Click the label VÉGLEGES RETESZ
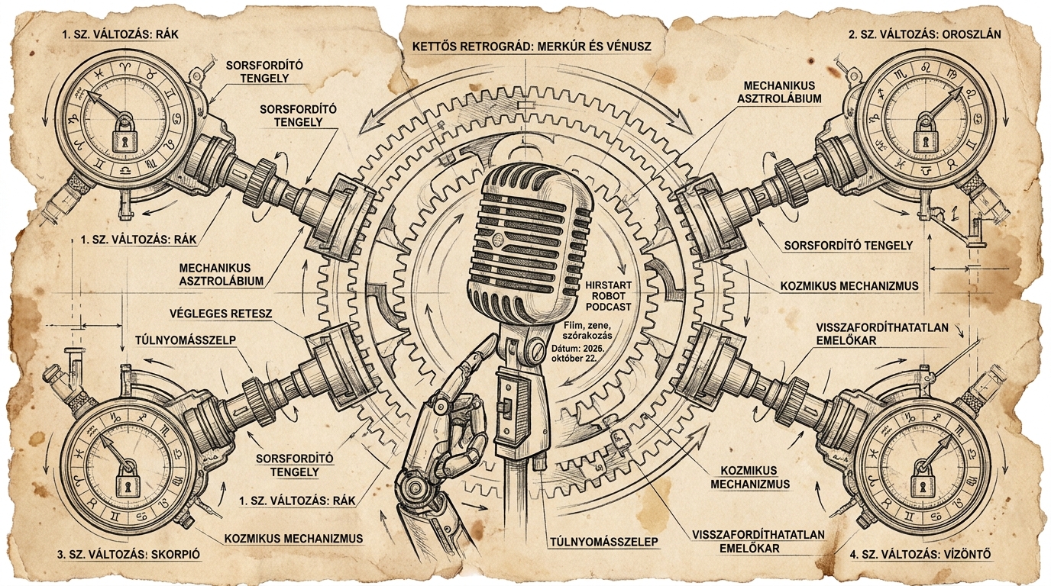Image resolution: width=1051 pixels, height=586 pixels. click(x=222, y=313)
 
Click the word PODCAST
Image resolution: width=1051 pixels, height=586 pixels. click(x=609, y=307)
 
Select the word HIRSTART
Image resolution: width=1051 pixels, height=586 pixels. click(x=609, y=285)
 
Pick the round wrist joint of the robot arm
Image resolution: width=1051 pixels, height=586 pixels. click(x=413, y=488)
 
